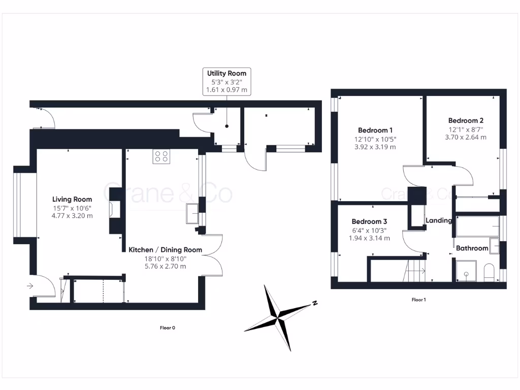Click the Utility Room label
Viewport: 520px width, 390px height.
click(x=227, y=73)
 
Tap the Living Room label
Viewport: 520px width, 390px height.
click(x=72, y=199)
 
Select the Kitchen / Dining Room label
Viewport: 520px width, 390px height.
click(x=165, y=250)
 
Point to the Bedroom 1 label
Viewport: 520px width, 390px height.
click(x=375, y=131)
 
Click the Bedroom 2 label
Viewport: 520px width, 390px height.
click(x=466, y=121)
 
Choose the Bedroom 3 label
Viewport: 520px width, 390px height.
click(x=369, y=221)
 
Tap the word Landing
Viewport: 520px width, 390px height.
click(x=438, y=220)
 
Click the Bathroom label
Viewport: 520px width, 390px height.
click(x=472, y=248)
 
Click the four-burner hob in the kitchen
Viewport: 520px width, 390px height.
click(x=161, y=156)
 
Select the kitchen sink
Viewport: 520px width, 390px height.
click(x=192, y=214)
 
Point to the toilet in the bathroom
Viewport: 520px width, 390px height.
click(x=489, y=272)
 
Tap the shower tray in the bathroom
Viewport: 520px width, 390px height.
click(x=466, y=271)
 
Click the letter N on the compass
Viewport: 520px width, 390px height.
click(x=315, y=303)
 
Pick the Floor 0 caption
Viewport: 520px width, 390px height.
click(x=168, y=328)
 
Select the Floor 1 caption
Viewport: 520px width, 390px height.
click(x=418, y=300)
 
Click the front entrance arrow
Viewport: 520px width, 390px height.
click(x=30, y=286)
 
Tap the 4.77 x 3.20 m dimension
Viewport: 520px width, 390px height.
click(x=72, y=216)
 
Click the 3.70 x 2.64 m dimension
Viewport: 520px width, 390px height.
click(x=466, y=137)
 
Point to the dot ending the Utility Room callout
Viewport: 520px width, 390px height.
click(x=227, y=126)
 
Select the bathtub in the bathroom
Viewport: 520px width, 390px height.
click(x=477, y=226)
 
